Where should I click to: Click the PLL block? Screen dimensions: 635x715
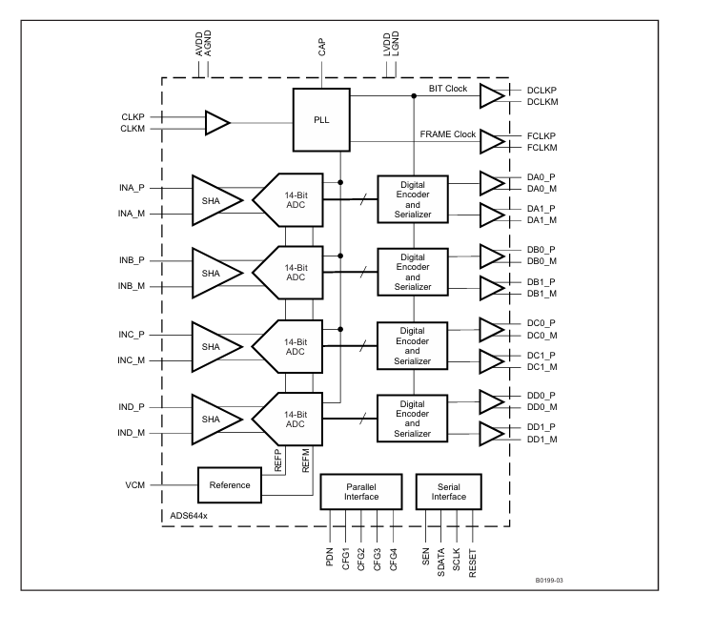pyautogui.click(x=321, y=119)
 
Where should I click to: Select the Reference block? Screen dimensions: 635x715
pyautogui.click(x=231, y=485)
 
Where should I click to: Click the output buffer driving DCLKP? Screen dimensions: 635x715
pyautogui.click(x=492, y=96)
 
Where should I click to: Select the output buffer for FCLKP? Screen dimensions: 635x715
pyautogui.click(x=492, y=142)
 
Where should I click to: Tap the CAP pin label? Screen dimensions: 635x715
pyautogui.click(x=321, y=49)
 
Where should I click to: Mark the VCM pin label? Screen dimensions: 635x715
pyautogui.click(x=134, y=485)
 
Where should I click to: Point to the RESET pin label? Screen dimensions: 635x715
pyautogui.click(x=473, y=557)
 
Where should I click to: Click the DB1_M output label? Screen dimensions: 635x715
pyautogui.click(x=541, y=294)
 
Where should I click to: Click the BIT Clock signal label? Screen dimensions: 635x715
pyautogui.click(x=447, y=88)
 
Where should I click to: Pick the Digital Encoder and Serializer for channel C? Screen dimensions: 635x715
pyautogui.click(x=413, y=346)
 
